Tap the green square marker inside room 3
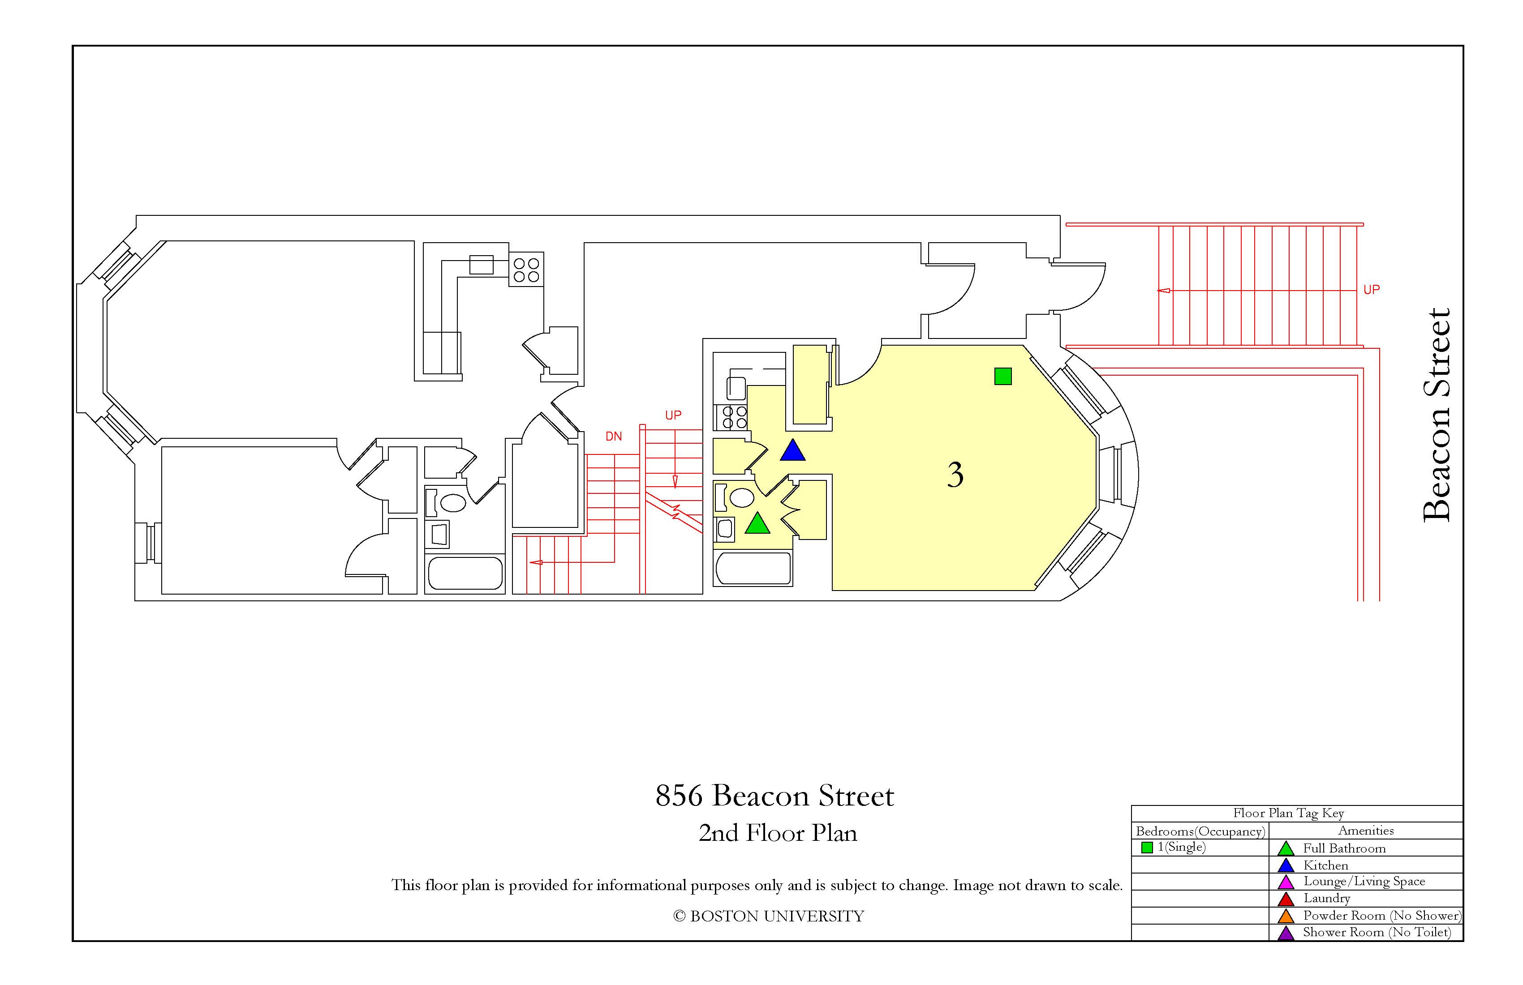[1003, 376]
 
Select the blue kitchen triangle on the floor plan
[792, 450]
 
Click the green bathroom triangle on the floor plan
[757, 523]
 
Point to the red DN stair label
[614, 436]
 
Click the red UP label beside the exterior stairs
[1371, 290]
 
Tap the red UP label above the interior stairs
[673, 415]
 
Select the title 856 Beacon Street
[774, 796]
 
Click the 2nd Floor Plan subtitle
[778, 833]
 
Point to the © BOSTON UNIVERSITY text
[769, 916]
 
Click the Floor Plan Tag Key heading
[1289, 813]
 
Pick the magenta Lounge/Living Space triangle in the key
[1286, 882]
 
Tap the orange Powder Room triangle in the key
[1286, 916]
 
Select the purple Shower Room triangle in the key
[1286, 933]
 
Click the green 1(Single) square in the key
[1147, 848]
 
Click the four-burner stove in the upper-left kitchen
[526, 269]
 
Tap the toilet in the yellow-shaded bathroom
[736, 497]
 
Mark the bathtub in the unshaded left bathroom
[465, 573]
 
